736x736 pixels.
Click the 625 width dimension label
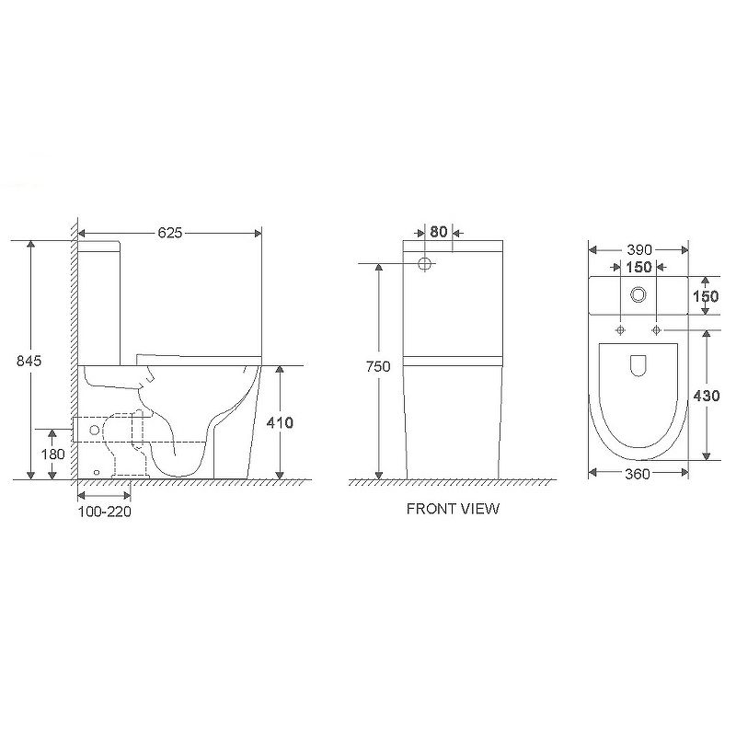pyautogui.click(x=169, y=233)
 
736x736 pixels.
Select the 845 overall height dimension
pyautogui.click(x=29, y=361)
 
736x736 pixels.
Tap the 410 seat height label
pyautogui.click(x=280, y=422)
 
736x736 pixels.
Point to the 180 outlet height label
pyautogui.click(x=53, y=454)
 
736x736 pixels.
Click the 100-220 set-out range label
pyautogui.click(x=104, y=512)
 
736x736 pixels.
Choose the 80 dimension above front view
pyautogui.click(x=439, y=232)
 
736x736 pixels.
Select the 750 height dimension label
pyautogui.click(x=378, y=366)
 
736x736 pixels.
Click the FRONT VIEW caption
pyautogui.click(x=453, y=509)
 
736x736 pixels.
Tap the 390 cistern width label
pyautogui.click(x=638, y=249)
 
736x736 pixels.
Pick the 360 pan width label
pyautogui.click(x=638, y=474)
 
